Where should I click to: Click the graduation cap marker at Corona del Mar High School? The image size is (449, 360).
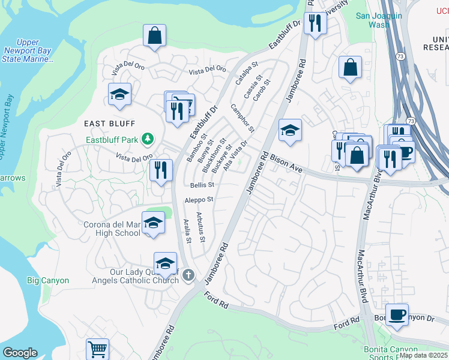pyautogui.click(x=153, y=223)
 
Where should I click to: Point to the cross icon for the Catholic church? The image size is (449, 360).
pyautogui.click(x=188, y=275)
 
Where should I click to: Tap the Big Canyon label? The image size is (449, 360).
pyautogui.click(x=48, y=280)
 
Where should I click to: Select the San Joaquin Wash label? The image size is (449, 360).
pyautogui.click(x=379, y=20)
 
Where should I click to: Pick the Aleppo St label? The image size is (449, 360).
pyautogui.click(x=199, y=199)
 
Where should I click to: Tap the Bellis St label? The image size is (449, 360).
pyautogui.click(x=202, y=185)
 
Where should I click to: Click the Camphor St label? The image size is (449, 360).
pyautogui.click(x=243, y=118)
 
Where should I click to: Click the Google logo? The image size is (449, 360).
pyautogui.click(x=20, y=353)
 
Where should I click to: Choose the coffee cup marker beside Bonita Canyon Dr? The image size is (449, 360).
pyautogui.click(x=397, y=314)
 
